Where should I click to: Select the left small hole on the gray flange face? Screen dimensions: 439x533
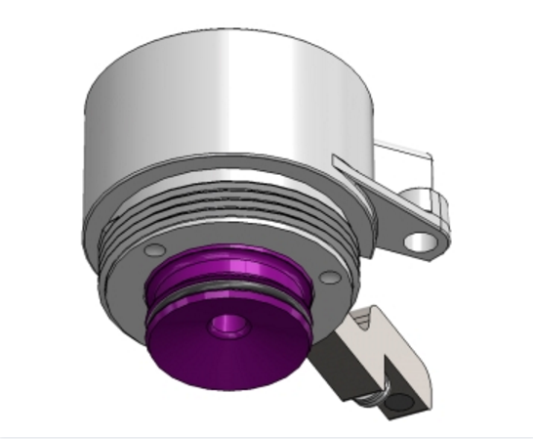click(x=149, y=251)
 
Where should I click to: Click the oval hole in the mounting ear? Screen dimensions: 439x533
click(x=424, y=241)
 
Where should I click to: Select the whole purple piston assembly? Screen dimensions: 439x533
click(x=229, y=313)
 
